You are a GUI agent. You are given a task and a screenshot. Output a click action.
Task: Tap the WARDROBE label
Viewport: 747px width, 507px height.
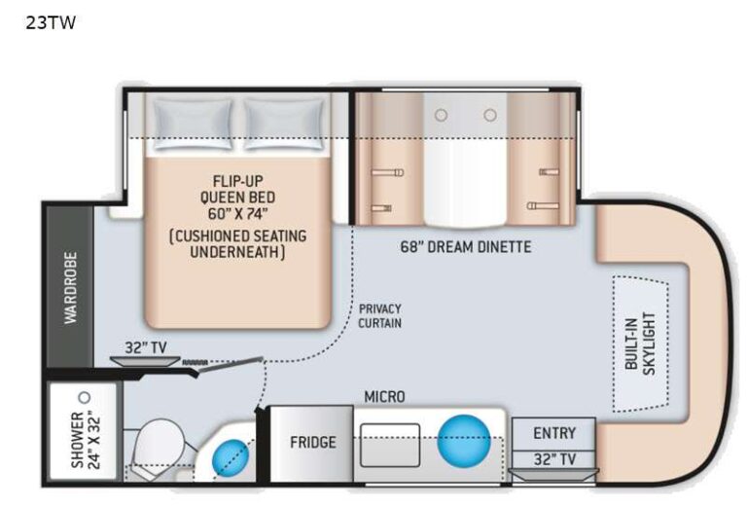pos(70,289)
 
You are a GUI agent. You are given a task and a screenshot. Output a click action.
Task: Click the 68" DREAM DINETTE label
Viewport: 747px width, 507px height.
pos(465,246)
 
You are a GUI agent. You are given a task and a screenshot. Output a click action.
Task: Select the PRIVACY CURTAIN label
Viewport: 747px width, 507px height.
pos(379,315)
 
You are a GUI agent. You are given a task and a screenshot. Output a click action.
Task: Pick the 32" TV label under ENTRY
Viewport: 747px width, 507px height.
pos(554,457)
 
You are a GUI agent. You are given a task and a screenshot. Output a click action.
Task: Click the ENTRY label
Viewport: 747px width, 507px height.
pos(554,432)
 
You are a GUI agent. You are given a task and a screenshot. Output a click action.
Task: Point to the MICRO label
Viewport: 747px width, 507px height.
pos(383,396)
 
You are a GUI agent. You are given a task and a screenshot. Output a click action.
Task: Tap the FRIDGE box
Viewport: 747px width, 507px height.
pos(312,442)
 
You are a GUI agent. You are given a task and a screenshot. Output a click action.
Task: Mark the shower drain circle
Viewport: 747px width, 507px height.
pos(85,398)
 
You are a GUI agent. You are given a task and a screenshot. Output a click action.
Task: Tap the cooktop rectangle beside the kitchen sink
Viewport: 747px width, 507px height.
pos(389,444)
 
